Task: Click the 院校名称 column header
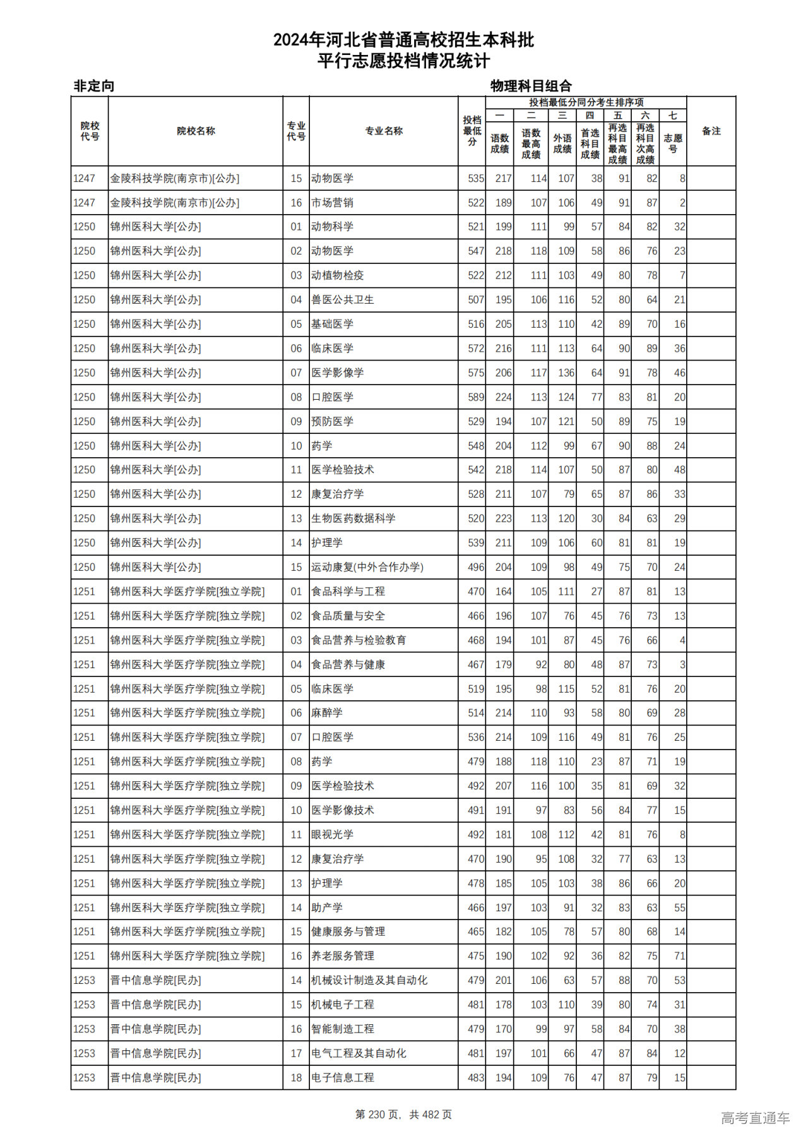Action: [x=196, y=131]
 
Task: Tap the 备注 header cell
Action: [x=711, y=131]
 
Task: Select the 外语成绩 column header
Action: [x=562, y=143]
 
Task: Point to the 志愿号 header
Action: [x=673, y=143]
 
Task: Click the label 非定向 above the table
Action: [x=94, y=86]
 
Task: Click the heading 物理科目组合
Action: [x=531, y=86]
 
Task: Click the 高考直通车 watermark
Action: [x=755, y=1118]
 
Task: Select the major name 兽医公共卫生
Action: [x=342, y=300]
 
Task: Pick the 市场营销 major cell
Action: [x=332, y=203]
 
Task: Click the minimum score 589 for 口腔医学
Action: [x=475, y=397]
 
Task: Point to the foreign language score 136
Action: [x=566, y=373]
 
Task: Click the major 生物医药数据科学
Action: [x=353, y=518]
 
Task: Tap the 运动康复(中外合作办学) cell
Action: [x=367, y=567]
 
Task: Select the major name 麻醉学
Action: [x=326, y=713]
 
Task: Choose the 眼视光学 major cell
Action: [x=332, y=835]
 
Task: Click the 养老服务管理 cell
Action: [x=342, y=956]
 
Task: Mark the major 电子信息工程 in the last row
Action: [x=342, y=1078]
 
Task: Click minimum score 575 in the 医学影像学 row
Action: [x=475, y=373]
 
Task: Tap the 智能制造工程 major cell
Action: [x=342, y=1029]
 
